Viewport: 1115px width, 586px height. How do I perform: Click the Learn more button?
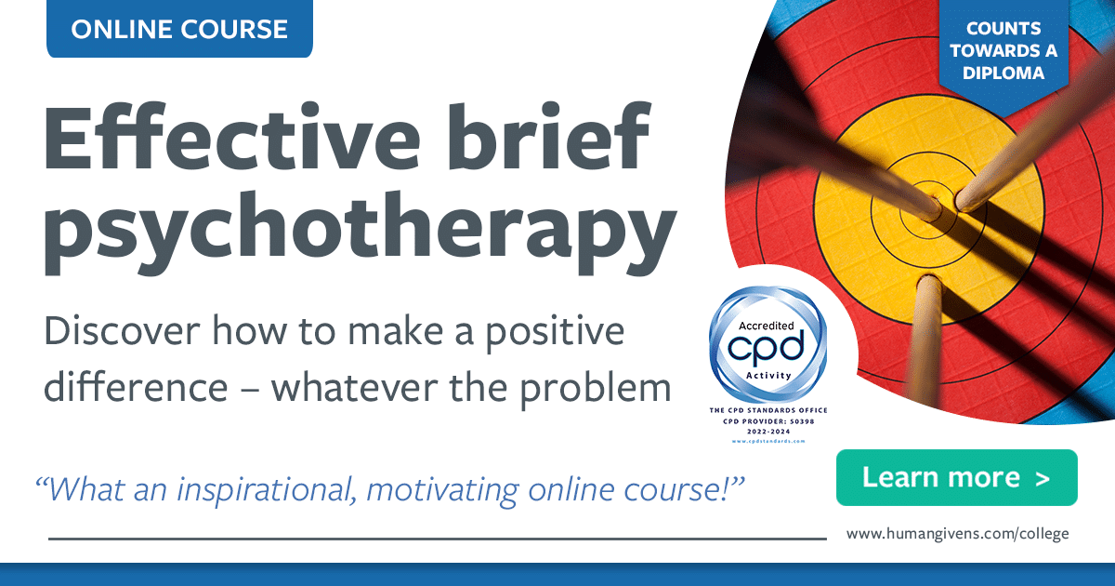[956, 478]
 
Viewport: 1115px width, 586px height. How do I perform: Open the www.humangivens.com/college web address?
[957, 534]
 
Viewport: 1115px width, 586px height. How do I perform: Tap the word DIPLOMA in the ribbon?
[1003, 72]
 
